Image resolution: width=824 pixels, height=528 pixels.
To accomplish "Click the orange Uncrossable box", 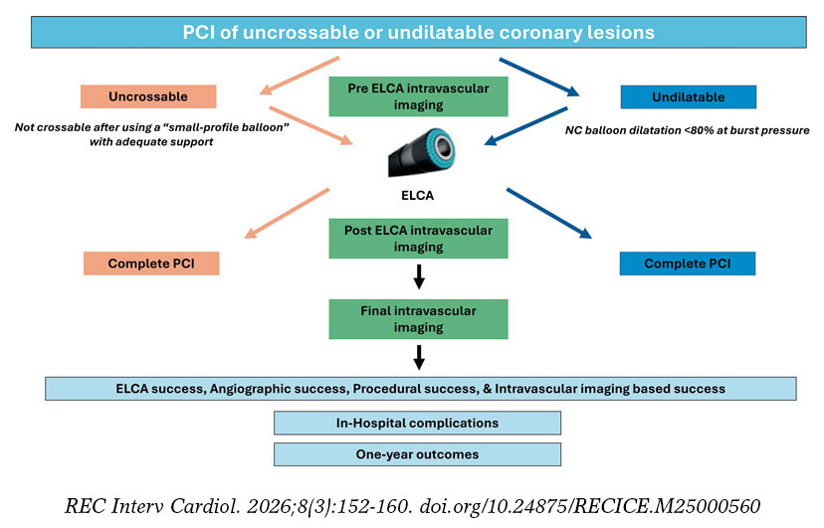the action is coord(148,96).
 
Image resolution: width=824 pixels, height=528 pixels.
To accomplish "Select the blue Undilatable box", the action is coord(689,97).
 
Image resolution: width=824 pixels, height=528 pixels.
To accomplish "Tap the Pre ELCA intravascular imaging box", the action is coord(418,96).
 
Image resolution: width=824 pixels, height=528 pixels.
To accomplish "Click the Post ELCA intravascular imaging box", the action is coord(418,239).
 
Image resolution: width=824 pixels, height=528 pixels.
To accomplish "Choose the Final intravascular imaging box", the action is coord(418,319).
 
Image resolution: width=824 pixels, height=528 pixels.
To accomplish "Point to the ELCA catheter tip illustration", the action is coord(422,152).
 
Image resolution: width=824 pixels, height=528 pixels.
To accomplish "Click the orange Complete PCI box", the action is coord(151,264).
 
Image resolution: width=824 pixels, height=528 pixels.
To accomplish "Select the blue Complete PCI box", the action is coord(688,264).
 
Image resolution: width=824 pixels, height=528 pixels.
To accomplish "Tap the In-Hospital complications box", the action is coord(417,423).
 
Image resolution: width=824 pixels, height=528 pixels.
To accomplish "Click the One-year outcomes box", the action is coord(417,454).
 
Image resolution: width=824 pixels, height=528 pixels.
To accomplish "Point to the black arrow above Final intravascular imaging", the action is coord(419,277).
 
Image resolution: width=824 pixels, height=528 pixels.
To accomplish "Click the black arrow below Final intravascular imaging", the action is coord(419,357).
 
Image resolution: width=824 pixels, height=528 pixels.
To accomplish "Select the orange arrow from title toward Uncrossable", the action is coord(300,77).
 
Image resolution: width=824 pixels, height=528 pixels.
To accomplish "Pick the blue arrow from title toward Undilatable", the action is coord(539,78).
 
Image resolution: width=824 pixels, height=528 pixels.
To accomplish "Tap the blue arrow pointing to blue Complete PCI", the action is coord(549,214).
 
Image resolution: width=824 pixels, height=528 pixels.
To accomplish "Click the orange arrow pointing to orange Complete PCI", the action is coord(287,214).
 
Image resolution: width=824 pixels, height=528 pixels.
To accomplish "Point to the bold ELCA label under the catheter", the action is coord(417,196).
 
